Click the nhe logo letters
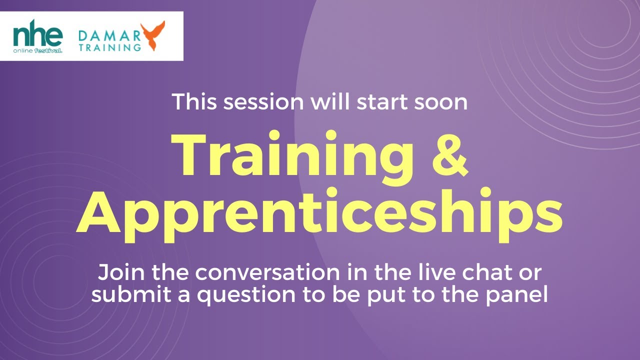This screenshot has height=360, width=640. tap(37, 35)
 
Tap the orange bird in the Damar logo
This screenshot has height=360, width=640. tap(152, 36)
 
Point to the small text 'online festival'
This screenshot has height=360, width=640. tap(37, 50)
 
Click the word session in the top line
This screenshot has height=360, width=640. tap(263, 102)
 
